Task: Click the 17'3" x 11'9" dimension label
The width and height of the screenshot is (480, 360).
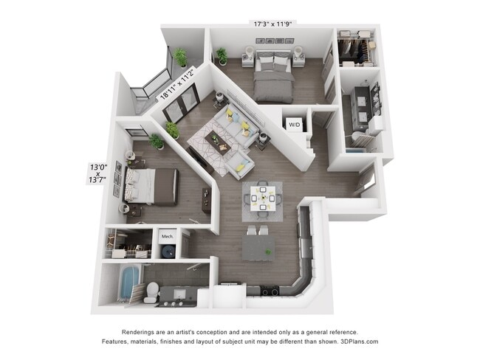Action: (273, 23)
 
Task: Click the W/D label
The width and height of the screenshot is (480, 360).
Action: (294, 125)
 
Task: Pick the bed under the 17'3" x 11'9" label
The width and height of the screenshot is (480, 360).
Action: (272, 75)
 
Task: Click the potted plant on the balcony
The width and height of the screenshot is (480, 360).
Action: (181, 57)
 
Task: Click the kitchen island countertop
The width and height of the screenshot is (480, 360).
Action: (258, 247)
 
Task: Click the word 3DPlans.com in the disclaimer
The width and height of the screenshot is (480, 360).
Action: (356, 342)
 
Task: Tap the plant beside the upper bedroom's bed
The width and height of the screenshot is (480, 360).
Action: (222, 55)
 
